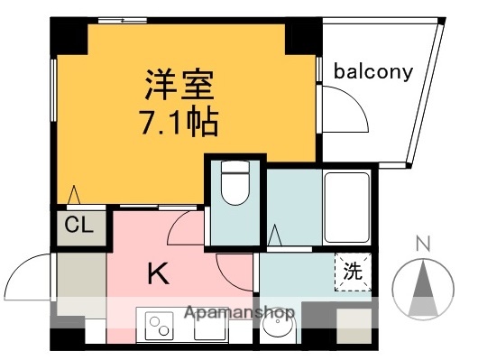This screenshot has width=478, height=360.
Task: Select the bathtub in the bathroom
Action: pos(346,204)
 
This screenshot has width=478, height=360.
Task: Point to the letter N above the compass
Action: pos(422,242)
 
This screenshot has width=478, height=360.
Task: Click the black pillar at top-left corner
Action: pos(69,36)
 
